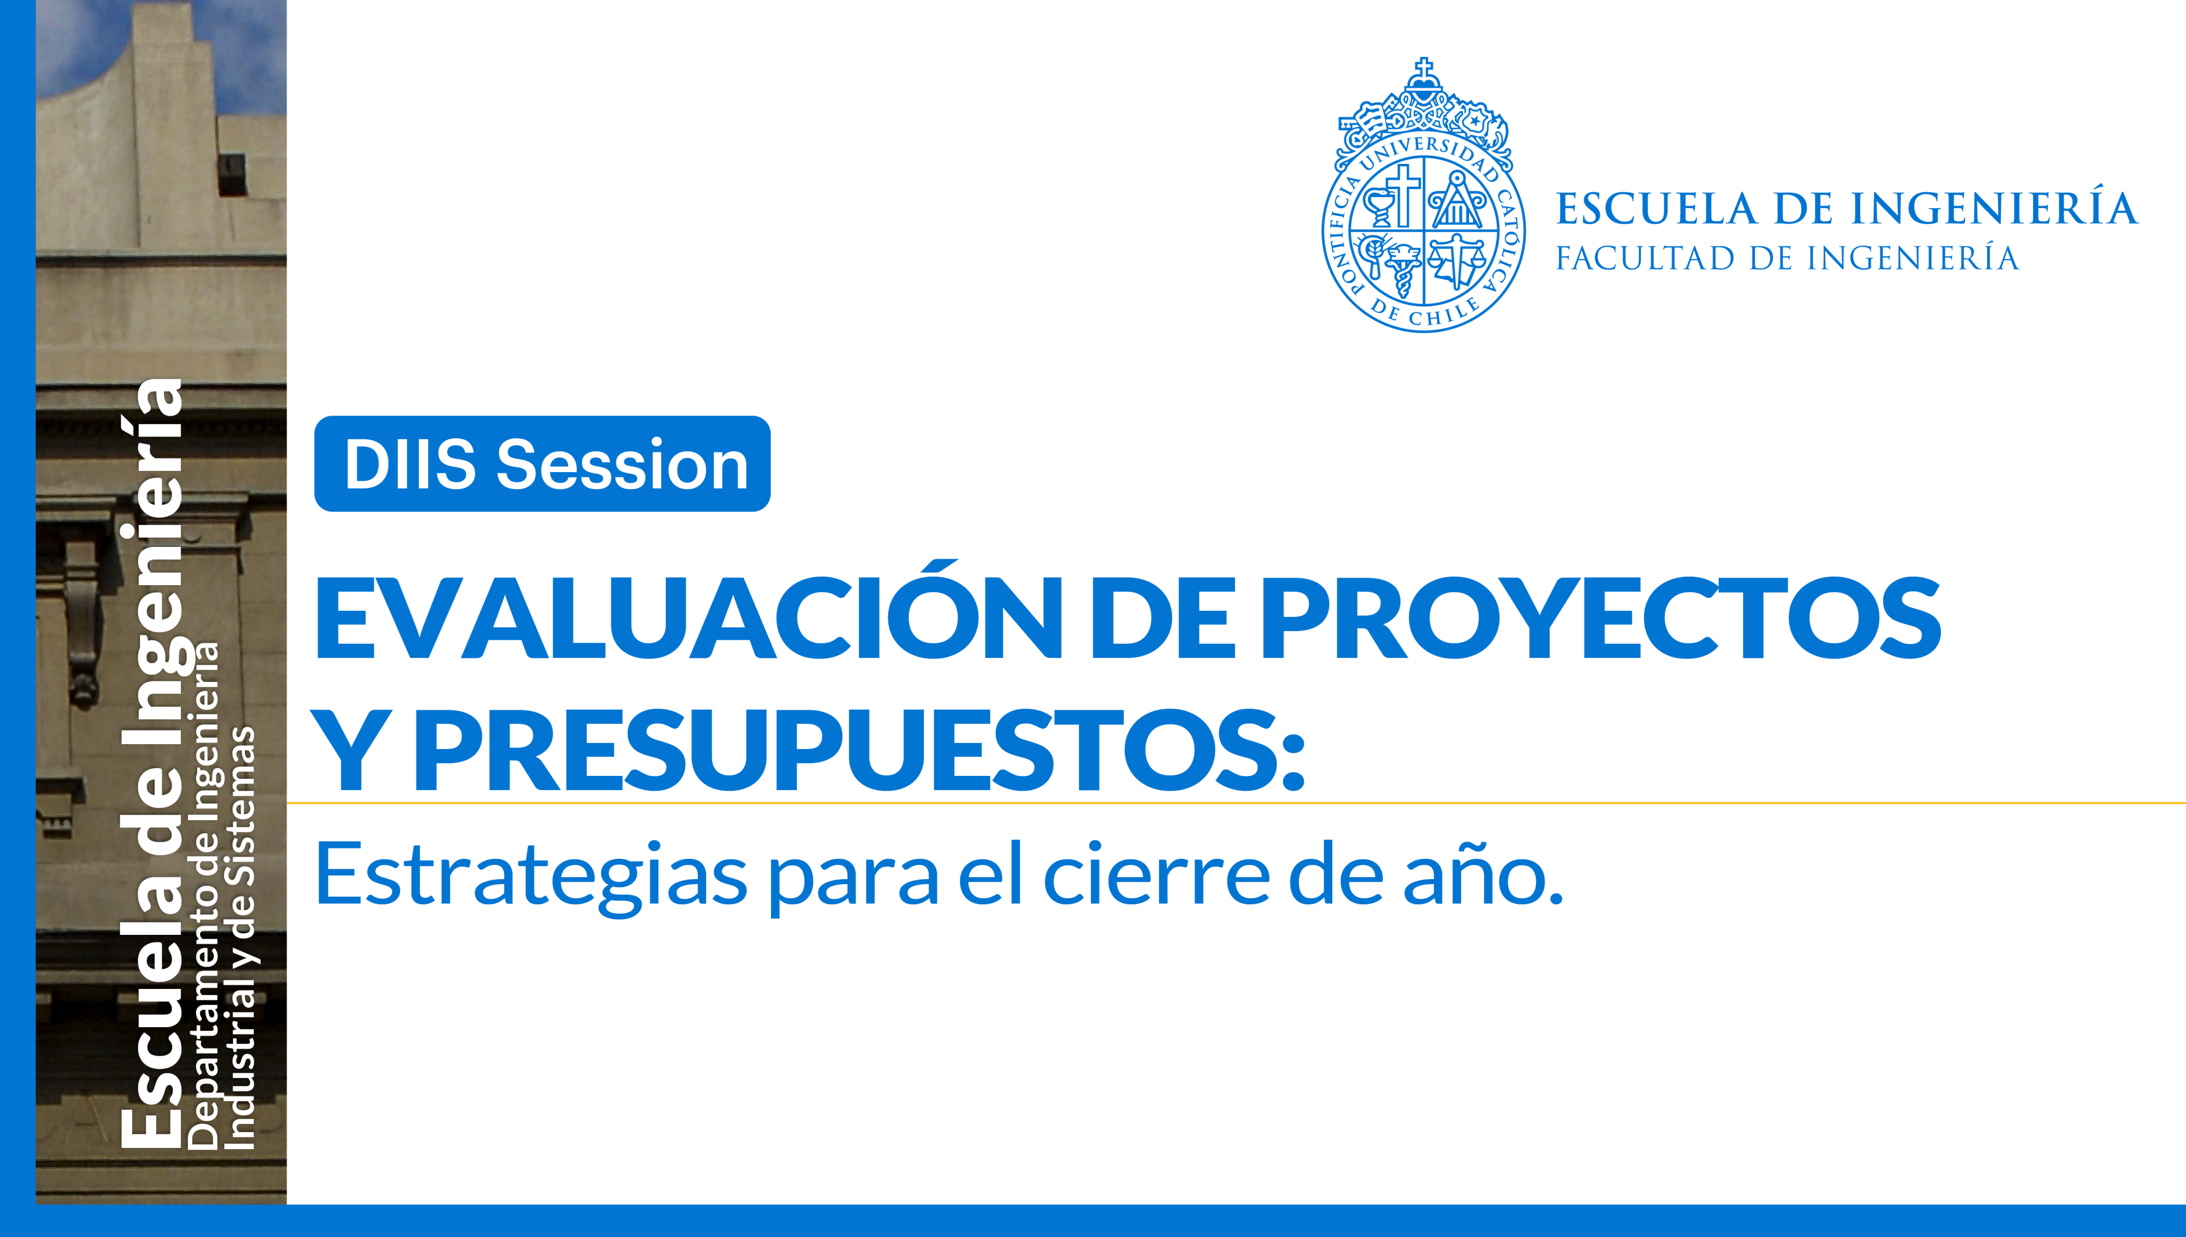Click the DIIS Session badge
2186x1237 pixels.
pos(542,464)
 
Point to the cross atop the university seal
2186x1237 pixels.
pos(1424,66)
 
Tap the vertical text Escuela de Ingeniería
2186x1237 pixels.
pos(153,764)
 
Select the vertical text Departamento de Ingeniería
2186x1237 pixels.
pos(204,892)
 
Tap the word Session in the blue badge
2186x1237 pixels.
pos(622,465)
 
